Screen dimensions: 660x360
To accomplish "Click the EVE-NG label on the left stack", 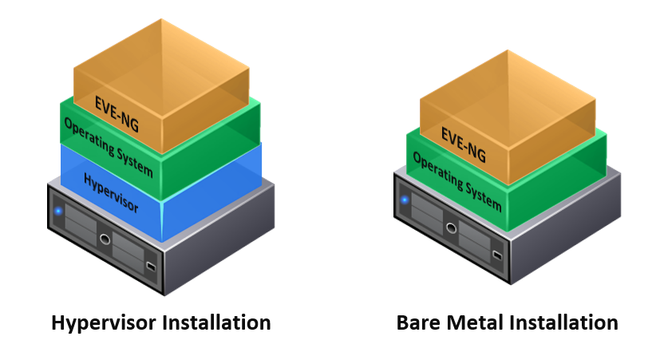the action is tap(117, 114).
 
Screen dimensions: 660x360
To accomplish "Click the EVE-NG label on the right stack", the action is tap(464, 144).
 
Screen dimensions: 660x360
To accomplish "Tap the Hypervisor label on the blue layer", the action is tap(111, 193).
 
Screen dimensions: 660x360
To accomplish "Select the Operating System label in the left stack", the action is tap(109, 147).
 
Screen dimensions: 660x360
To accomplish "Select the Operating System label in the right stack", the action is tap(457, 181).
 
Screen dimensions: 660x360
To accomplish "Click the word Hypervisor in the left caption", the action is tap(104, 323).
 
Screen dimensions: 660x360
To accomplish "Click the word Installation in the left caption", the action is tap(217, 322).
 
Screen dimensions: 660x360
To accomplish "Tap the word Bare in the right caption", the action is tap(418, 323).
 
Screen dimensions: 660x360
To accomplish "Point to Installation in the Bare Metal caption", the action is tap(564, 323).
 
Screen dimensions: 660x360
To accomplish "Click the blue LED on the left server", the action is tap(58, 211).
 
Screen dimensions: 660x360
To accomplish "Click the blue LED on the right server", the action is tap(405, 200).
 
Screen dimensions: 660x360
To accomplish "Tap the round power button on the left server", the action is tap(105, 239).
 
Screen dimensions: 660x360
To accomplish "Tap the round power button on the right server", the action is tap(451, 228).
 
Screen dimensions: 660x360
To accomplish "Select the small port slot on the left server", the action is tap(151, 266).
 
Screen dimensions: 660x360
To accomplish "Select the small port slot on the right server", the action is tap(497, 255).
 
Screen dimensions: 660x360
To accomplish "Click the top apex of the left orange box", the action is tap(161, 18).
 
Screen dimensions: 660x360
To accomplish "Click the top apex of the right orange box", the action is tap(508, 49).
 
